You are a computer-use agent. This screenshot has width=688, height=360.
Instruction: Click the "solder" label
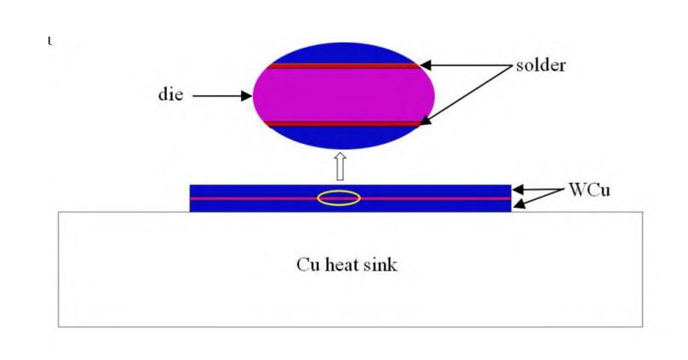540,66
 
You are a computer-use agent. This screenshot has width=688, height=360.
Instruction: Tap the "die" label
170,94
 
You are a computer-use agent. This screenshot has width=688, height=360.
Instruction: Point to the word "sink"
381,265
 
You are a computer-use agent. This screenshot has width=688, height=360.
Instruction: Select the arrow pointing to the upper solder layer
464,65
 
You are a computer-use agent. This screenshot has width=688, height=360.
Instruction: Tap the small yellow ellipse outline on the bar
339,198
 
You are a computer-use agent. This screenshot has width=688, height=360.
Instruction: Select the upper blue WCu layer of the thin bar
255,191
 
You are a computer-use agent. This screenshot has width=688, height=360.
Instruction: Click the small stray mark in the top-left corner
49,41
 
